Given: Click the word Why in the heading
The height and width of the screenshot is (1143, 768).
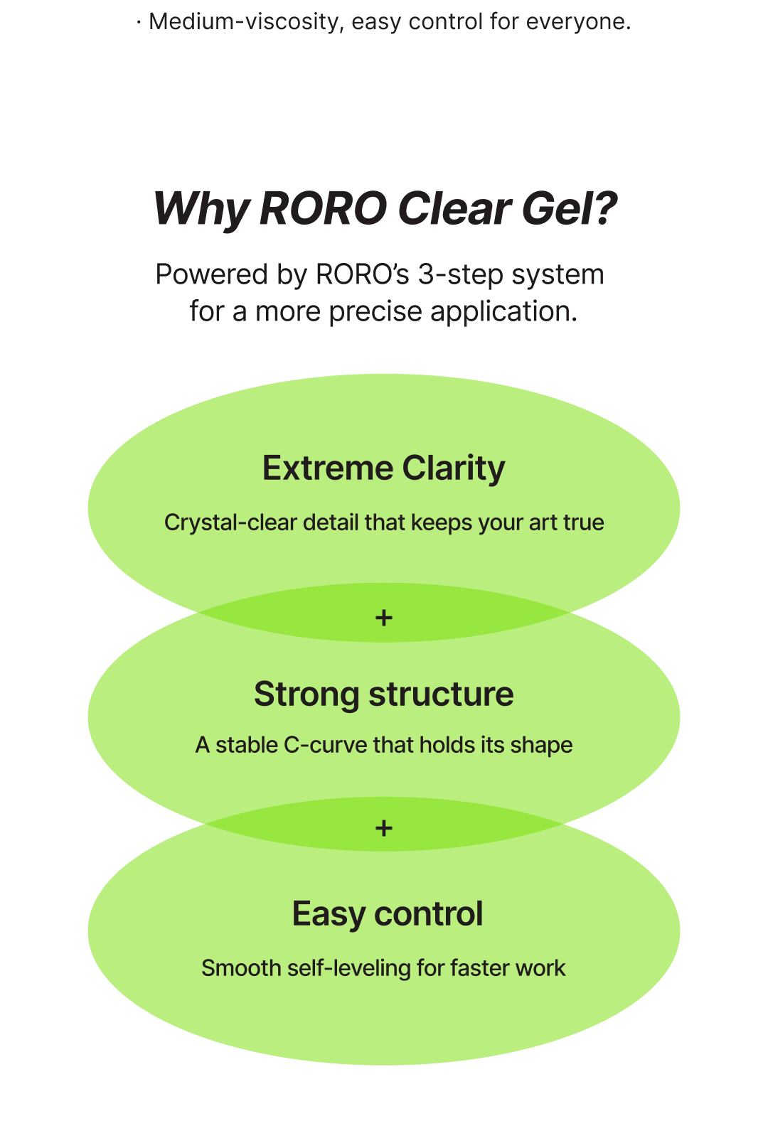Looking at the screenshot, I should tap(201, 209).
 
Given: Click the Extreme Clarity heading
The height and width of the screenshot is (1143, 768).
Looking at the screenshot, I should tap(383, 468).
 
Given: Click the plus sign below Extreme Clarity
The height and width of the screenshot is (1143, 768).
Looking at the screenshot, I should tap(384, 618).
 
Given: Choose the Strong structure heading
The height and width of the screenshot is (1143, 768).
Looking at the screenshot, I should tap(383, 694).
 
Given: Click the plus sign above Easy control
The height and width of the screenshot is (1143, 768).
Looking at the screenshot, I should tap(384, 828).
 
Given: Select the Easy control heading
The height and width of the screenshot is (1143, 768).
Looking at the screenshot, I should tap(387, 914).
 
